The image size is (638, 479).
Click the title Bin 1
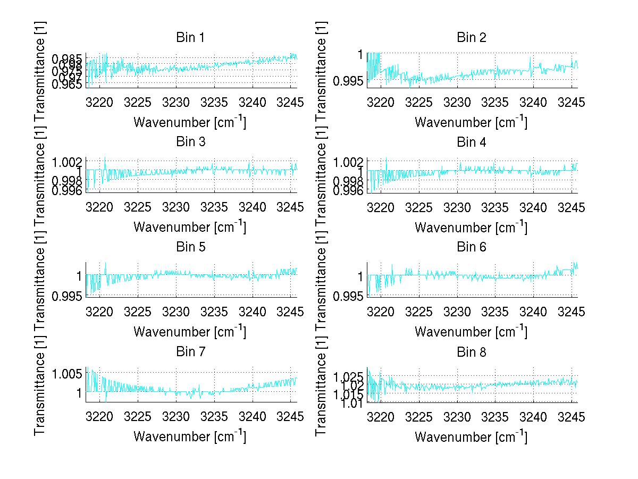(190, 38)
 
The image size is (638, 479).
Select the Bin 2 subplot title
(472, 38)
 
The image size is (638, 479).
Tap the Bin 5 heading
(190, 247)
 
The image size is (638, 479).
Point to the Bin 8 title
(472, 352)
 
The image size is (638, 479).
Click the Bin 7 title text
(190, 352)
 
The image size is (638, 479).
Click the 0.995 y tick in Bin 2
(350, 81)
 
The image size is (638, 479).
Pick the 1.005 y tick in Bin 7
(68, 374)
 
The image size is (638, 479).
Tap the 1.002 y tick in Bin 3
(68, 161)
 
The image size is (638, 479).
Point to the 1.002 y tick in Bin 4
(349, 161)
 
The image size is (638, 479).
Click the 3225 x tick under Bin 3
(138, 207)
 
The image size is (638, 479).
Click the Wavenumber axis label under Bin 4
(471, 227)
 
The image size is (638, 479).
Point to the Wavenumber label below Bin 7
(190, 436)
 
